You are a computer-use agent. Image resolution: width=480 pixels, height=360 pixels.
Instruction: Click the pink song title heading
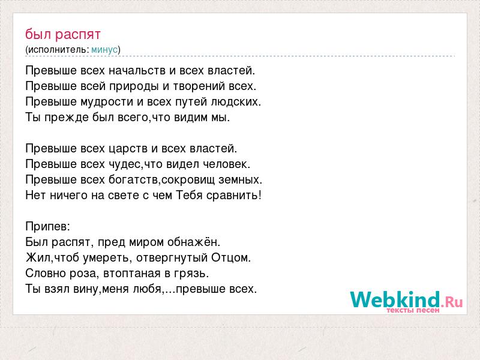[x=63, y=34]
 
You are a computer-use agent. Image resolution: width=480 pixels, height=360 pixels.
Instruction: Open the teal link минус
[x=104, y=50]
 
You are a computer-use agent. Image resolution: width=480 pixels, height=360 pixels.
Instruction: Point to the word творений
[x=199, y=86]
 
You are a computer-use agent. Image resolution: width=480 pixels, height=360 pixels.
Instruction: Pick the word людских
[x=236, y=101]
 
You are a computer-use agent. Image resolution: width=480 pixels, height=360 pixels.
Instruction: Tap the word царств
[x=128, y=148]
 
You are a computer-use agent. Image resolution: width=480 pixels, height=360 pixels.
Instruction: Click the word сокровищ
[x=188, y=179]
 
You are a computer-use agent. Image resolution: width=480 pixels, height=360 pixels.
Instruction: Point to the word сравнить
[x=234, y=196]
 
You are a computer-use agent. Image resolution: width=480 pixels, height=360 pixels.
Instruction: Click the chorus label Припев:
[x=48, y=227]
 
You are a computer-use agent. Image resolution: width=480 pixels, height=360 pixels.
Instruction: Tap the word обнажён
[x=193, y=242]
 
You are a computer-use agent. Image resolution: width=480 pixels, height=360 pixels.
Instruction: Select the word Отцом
[x=231, y=258]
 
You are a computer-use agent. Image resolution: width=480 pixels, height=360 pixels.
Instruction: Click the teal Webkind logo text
[x=395, y=299]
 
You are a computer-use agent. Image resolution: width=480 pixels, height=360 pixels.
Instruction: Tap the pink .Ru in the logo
[x=452, y=302]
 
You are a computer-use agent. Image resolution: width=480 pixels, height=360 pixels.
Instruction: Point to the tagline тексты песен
[x=413, y=310]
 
